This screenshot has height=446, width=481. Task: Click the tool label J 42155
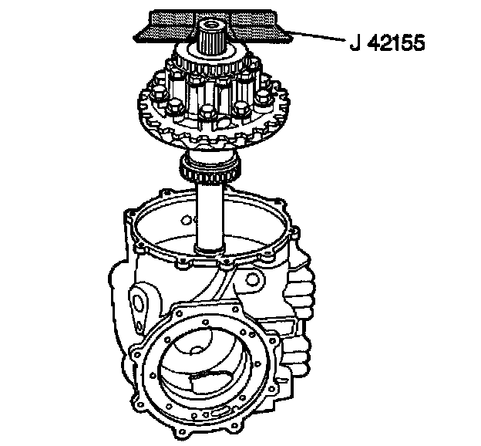click(388, 42)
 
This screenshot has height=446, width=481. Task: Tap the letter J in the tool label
click(355, 42)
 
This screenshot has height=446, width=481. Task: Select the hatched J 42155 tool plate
click(212, 26)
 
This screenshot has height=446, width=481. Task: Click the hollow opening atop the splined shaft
click(212, 24)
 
